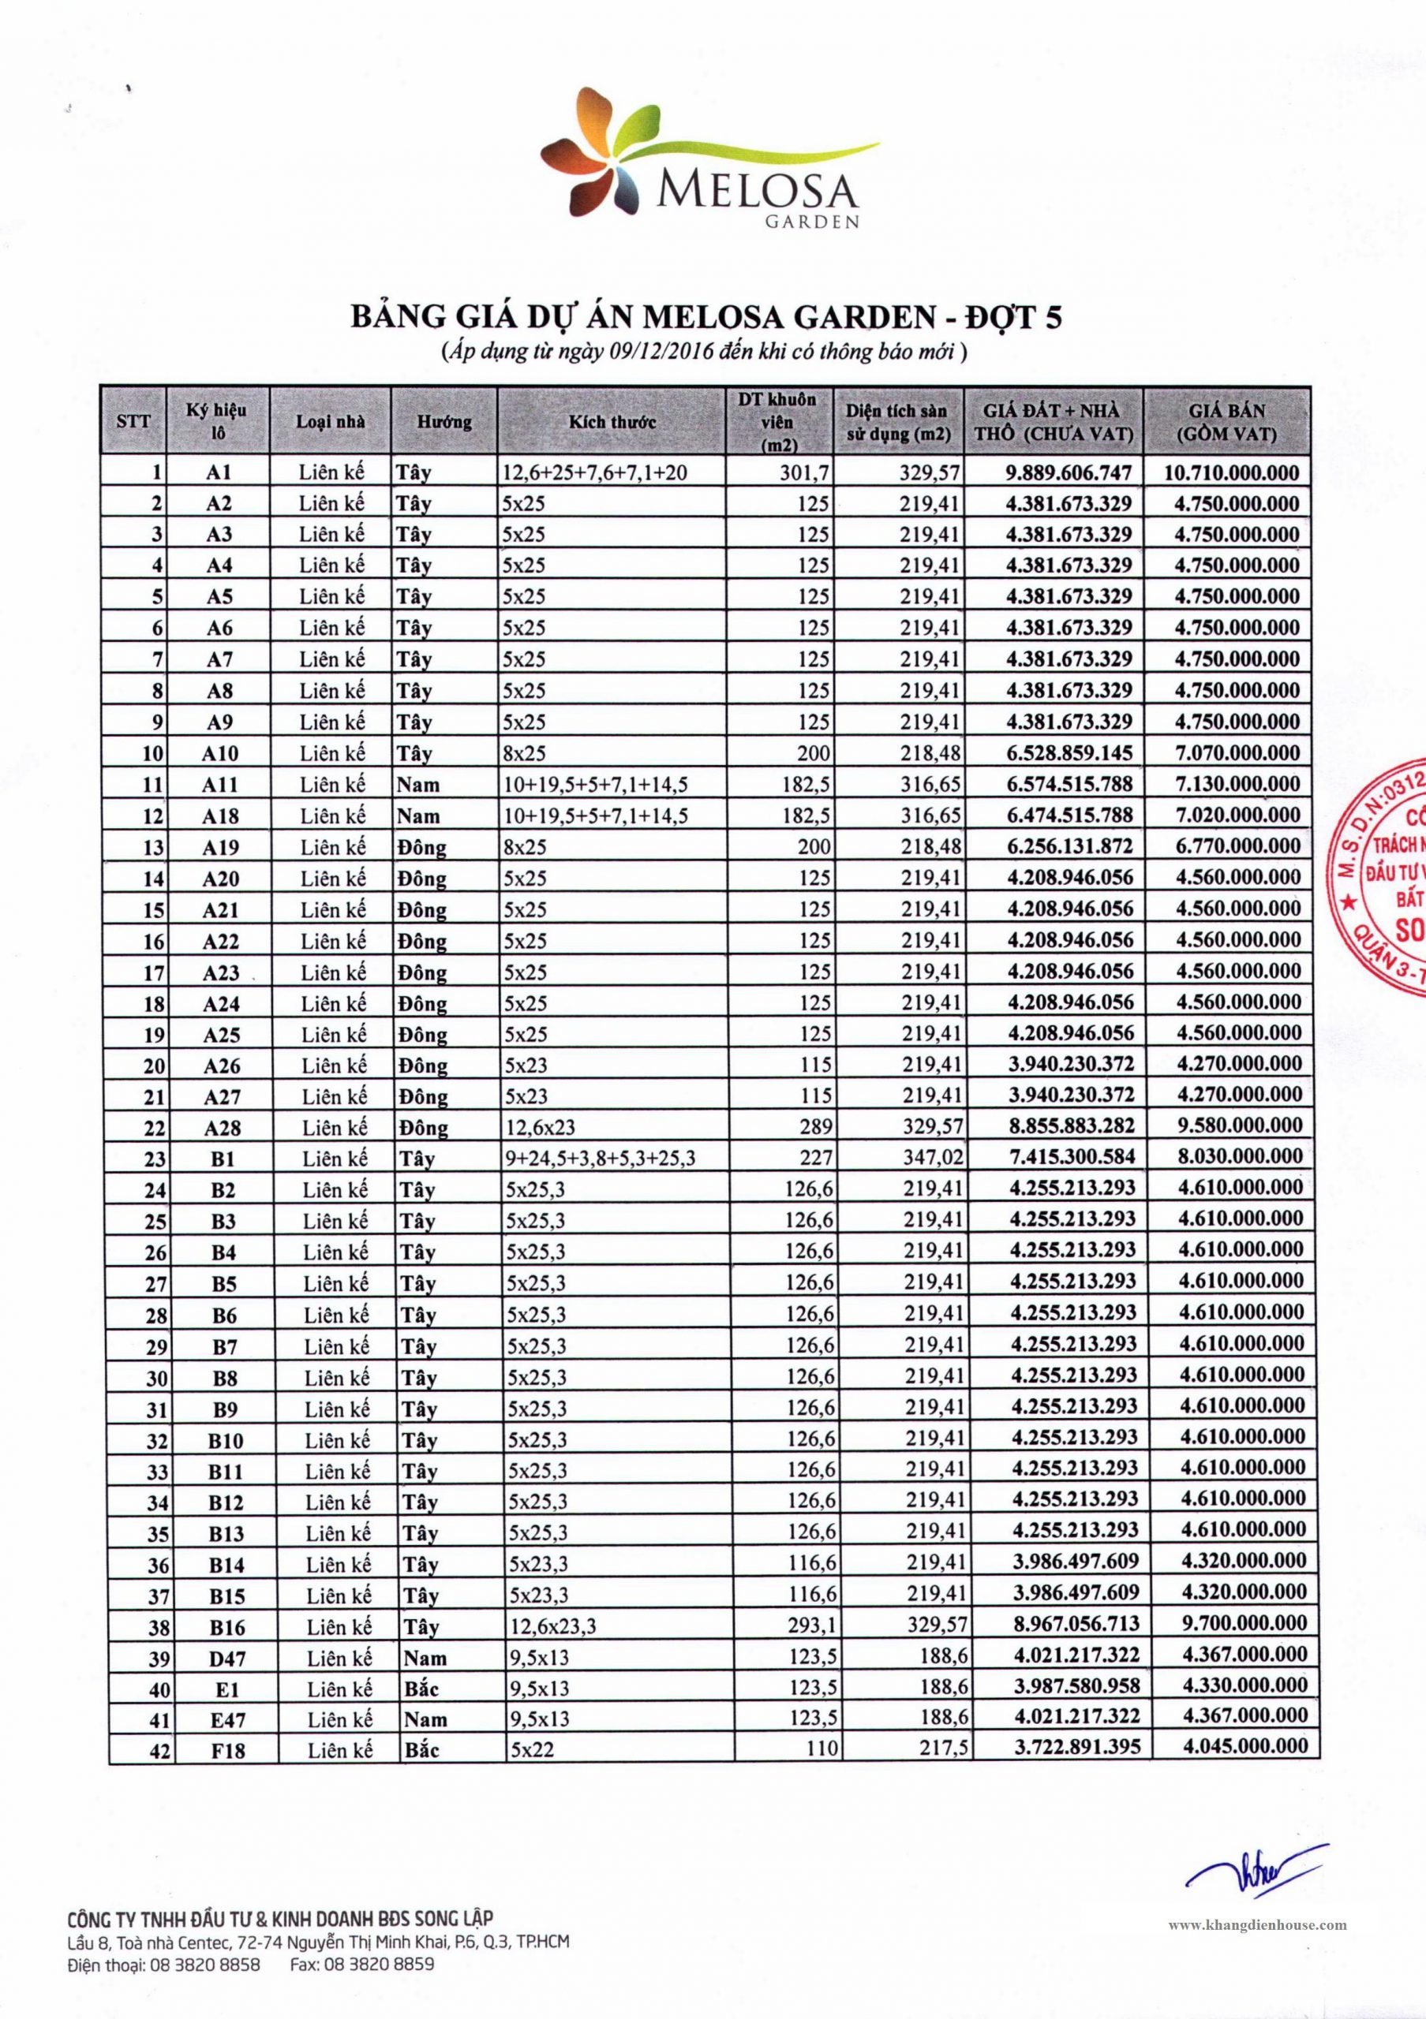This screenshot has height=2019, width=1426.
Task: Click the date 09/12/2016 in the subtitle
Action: point(634,353)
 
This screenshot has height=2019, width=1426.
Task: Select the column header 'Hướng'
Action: point(444,421)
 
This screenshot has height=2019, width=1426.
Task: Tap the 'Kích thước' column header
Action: point(612,421)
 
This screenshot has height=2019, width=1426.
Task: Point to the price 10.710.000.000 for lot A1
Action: point(1231,472)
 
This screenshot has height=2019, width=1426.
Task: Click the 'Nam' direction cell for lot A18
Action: point(418,816)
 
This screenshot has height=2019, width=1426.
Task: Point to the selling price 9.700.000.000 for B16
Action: point(1242,1623)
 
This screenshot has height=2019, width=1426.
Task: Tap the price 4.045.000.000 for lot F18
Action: point(1245,1746)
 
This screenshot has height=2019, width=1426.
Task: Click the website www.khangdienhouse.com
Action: point(1257,1925)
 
